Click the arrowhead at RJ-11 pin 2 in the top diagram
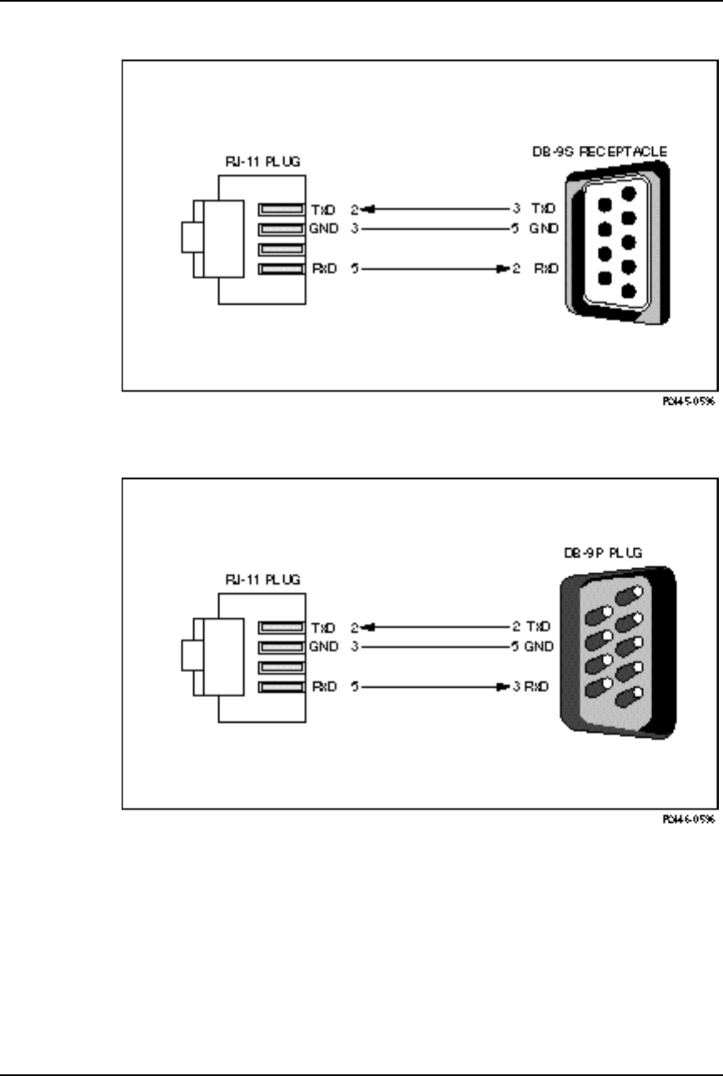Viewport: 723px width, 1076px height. tap(368, 208)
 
